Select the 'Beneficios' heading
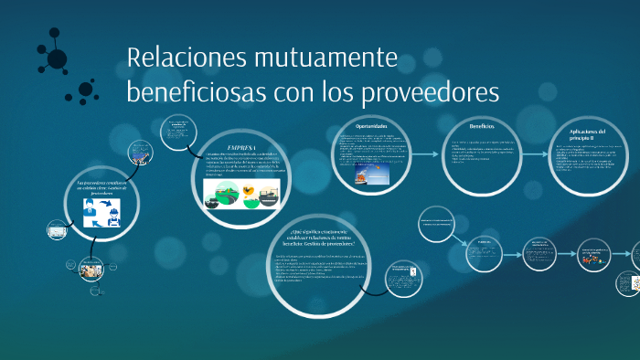point(482,126)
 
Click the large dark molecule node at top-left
point(57,58)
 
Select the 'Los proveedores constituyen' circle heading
point(101,187)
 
